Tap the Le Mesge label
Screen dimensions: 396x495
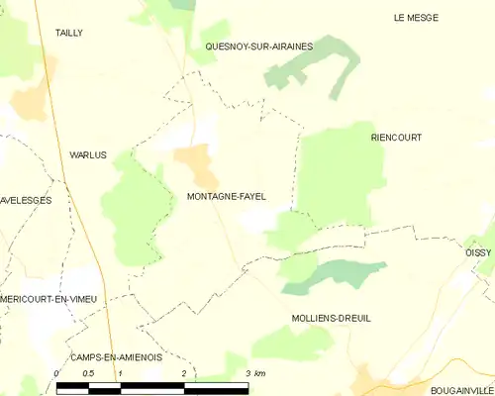[x=415, y=18]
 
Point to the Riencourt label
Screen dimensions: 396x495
[x=396, y=138]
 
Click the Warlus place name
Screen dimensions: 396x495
[x=87, y=155]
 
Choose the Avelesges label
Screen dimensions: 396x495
[x=26, y=200]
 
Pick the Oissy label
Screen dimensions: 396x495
[x=478, y=253]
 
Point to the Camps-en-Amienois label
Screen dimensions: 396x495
[x=116, y=356]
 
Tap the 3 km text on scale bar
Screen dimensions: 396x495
[x=254, y=373]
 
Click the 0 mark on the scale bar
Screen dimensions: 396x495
[x=56, y=373]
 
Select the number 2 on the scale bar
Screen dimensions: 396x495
[x=184, y=373]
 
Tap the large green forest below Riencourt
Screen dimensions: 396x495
[x=337, y=173]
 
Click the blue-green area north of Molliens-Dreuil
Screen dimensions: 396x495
[x=337, y=274]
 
